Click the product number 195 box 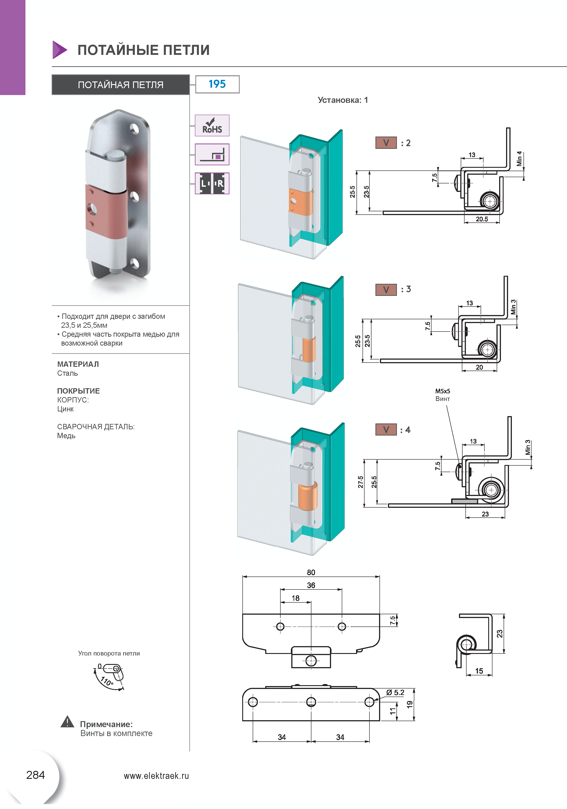point(217,84)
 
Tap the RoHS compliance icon point(212,125)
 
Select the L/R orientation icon point(212,183)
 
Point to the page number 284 point(36,775)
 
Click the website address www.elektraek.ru point(156,776)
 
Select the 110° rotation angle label point(107,681)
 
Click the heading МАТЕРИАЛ point(78,364)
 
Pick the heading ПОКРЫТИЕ point(78,391)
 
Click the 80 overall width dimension point(311,572)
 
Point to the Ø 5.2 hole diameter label point(395,692)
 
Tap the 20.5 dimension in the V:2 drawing point(482,219)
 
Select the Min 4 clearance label point(519,159)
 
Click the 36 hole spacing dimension point(311,585)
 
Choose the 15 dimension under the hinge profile point(479,671)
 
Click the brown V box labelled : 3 point(386,290)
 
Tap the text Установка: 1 point(343,100)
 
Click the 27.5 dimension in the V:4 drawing point(360,482)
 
